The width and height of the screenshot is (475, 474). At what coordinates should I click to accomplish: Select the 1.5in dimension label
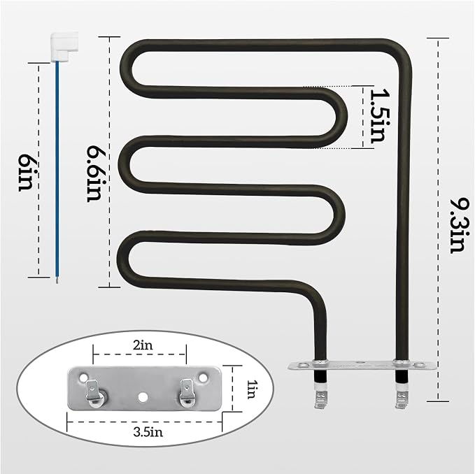click(x=378, y=116)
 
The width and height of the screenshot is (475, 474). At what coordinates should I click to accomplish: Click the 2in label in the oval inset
click(x=143, y=345)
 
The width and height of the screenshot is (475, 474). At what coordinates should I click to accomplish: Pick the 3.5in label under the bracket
click(x=148, y=432)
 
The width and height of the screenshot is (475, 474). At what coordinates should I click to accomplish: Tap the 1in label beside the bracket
click(x=251, y=389)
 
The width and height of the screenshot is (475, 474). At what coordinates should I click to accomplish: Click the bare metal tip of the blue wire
click(x=57, y=280)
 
